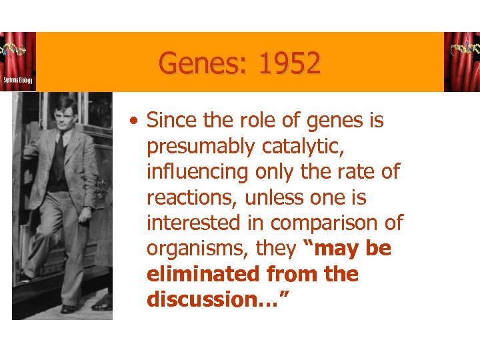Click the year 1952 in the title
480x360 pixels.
289,63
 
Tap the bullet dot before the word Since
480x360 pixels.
135,122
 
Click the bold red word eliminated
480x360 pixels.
203,274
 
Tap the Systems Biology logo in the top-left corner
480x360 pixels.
18,61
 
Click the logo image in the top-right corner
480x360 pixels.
461,61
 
